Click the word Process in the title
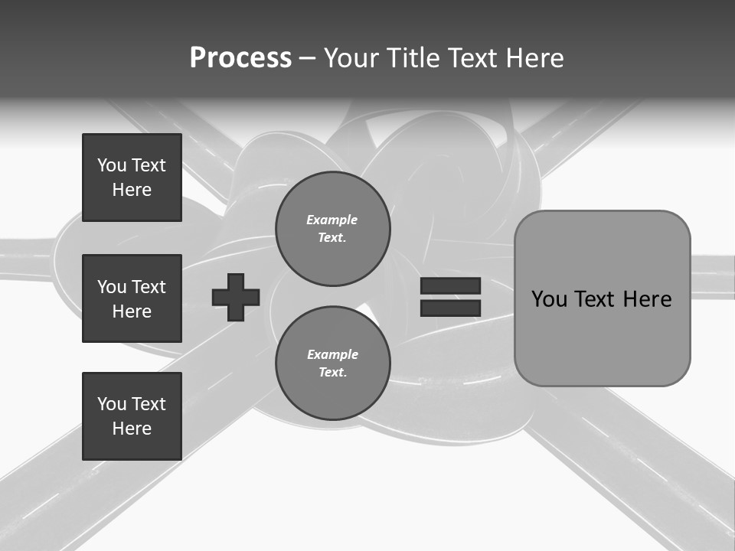240,58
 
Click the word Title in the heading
413,58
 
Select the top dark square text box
132,178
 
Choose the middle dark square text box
132,298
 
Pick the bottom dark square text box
132,416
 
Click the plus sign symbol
236,297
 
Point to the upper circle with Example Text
332,229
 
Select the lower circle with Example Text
332,364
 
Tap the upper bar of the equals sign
450,286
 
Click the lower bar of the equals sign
450,308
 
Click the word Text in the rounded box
597,299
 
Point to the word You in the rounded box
549,299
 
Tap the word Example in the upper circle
332,220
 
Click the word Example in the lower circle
332,355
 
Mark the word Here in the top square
132,190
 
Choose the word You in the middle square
112,287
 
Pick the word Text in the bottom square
149,404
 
